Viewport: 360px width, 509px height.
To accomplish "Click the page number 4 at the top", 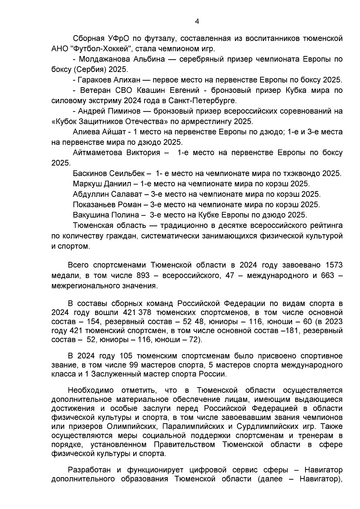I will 197,21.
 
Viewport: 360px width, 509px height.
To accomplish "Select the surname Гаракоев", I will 94,80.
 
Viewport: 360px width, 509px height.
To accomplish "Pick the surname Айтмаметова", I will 97,153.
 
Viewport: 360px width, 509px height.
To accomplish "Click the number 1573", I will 334,265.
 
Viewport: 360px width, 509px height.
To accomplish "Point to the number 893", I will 143,275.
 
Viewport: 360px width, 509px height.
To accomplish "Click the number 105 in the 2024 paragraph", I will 126,356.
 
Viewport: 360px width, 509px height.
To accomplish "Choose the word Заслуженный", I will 114,374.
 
